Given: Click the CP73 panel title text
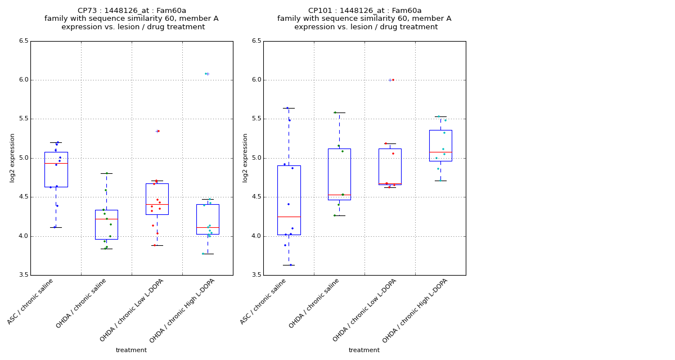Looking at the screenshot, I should pos(132,19).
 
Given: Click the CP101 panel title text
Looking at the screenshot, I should pos(364,19).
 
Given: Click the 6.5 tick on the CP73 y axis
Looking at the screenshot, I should pos(23,41).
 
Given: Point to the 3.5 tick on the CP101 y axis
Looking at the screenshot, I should pos(256,275).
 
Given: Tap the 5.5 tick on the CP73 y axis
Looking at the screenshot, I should pos(23,119).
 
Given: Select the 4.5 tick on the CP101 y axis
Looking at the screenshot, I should pos(256,197).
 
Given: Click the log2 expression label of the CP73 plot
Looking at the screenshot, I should pos(12,157).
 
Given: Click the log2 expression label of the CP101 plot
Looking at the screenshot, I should pos(245,157).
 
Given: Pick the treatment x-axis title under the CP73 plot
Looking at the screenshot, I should pos(131,350).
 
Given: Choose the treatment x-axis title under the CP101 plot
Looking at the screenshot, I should pos(364,350).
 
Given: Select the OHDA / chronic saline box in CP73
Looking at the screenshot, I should pos(106,224).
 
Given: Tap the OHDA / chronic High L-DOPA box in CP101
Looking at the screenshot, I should pos(440,145).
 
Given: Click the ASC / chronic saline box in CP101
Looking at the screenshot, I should pos(289,200).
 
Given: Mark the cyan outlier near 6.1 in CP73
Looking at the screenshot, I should pos(206,74).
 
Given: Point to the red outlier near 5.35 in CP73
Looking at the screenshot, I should pos(159,131).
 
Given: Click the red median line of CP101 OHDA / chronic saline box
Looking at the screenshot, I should pos(339,195).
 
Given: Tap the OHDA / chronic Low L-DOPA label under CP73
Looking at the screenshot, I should pos(133,309).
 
